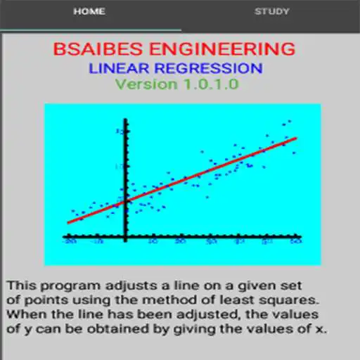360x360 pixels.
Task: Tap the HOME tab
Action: click(89, 12)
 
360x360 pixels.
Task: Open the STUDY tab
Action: click(271, 12)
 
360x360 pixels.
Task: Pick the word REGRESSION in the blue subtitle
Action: click(212, 69)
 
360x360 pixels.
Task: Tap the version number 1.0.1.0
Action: click(210, 84)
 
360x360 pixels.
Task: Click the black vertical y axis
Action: click(125, 162)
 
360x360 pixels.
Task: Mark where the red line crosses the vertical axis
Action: click(125, 202)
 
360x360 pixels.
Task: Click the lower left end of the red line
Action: click(68, 223)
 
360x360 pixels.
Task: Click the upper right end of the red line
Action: click(296, 138)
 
